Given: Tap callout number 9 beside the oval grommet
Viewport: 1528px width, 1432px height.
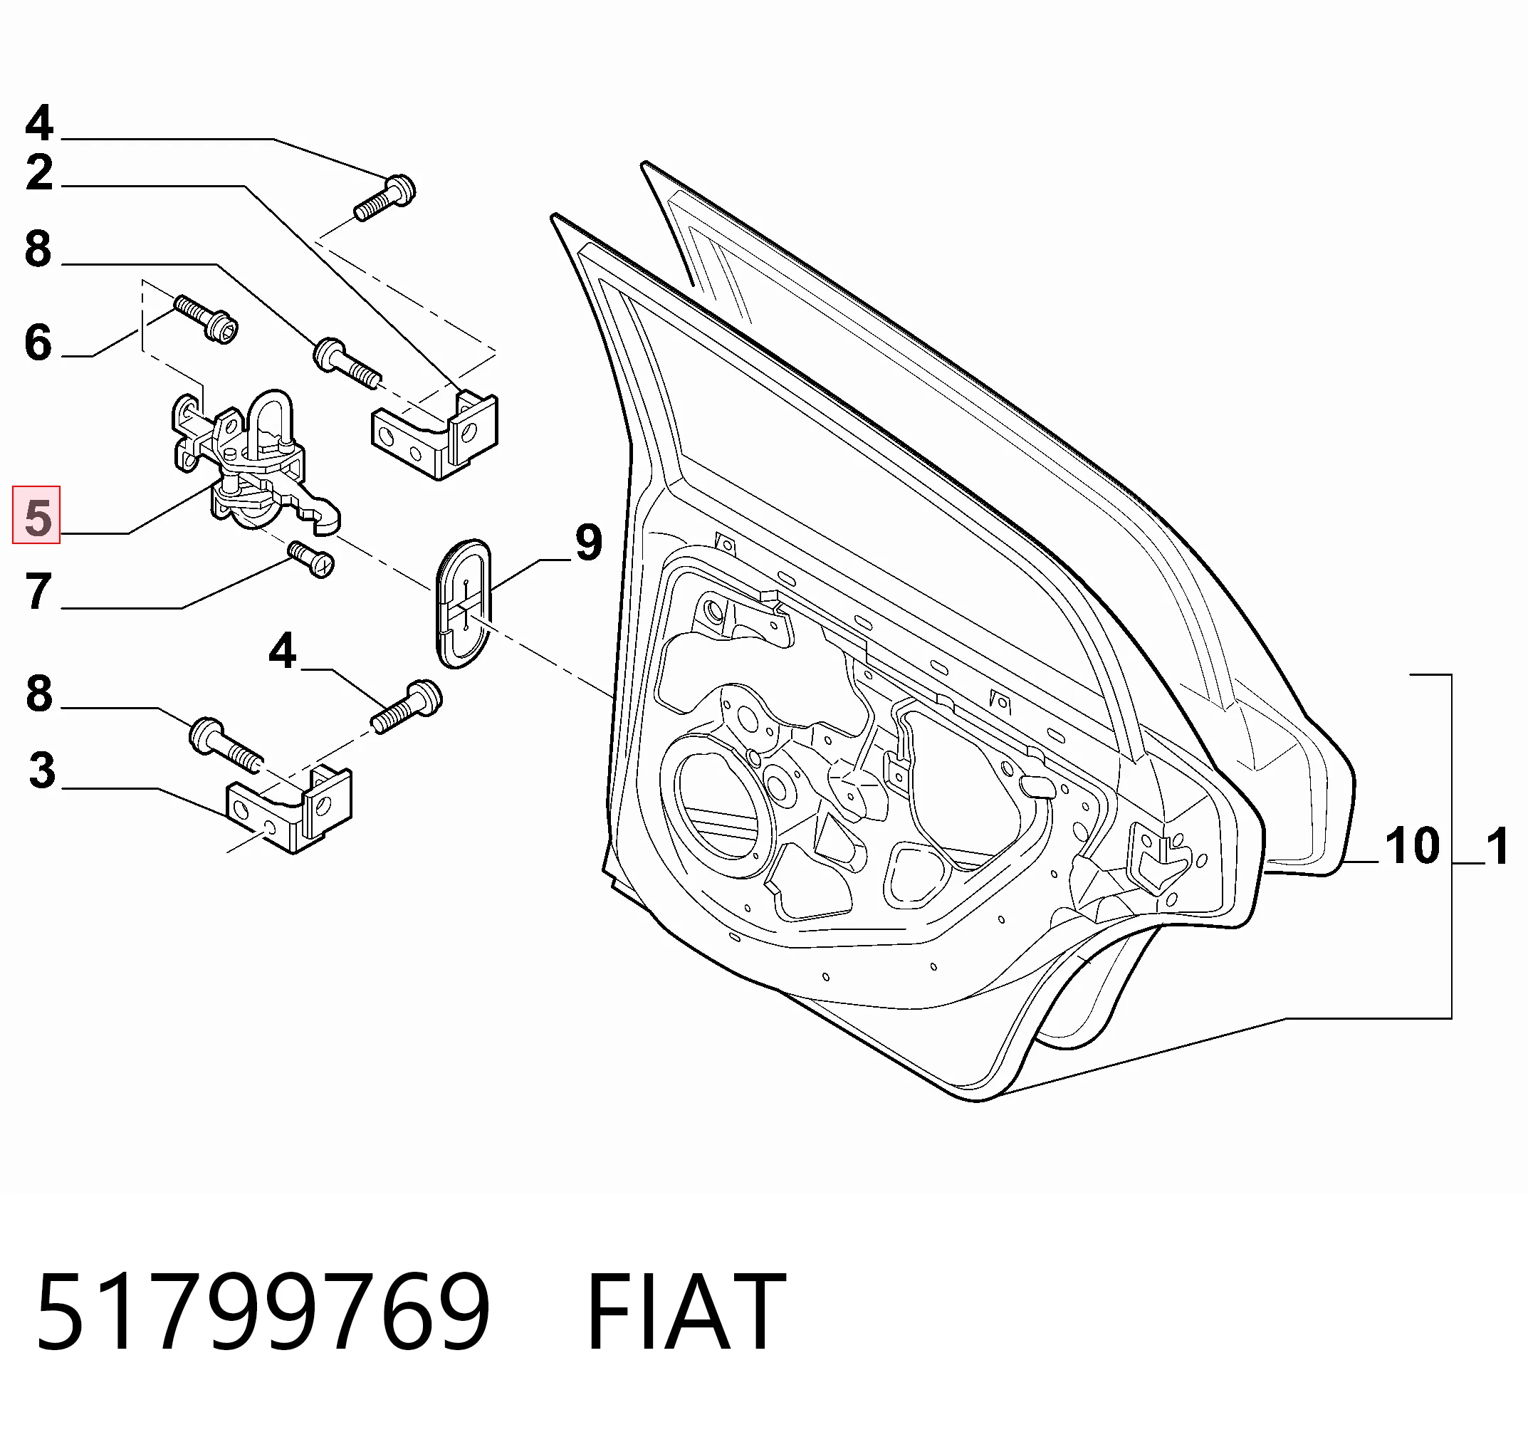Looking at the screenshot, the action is (588, 543).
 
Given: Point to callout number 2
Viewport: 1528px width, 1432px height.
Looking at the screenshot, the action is (39, 172).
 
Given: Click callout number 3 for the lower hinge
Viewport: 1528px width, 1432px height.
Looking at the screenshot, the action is (42, 770).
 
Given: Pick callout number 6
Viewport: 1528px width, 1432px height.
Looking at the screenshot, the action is (38, 343).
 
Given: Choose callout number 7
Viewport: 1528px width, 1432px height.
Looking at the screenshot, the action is (38, 592).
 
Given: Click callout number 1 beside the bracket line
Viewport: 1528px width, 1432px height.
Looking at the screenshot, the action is (1497, 848).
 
